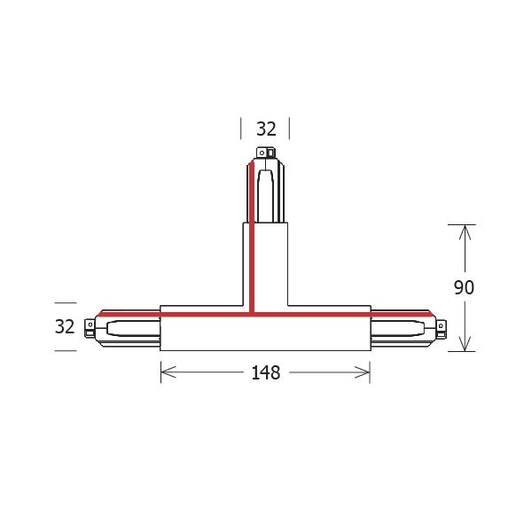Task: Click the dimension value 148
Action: pyautogui.click(x=265, y=373)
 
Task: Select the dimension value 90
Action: pyautogui.click(x=463, y=287)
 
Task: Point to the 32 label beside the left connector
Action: pyautogui.click(x=64, y=326)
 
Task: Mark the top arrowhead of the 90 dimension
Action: pyautogui.click(x=462, y=230)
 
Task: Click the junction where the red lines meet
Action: pyautogui.click(x=253, y=313)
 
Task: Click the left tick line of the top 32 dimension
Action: pyautogui.click(x=241, y=129)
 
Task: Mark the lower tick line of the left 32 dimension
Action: pyautogui.click(x=64, y=350)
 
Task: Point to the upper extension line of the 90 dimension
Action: pyautogui.click(x=462, y=223)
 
